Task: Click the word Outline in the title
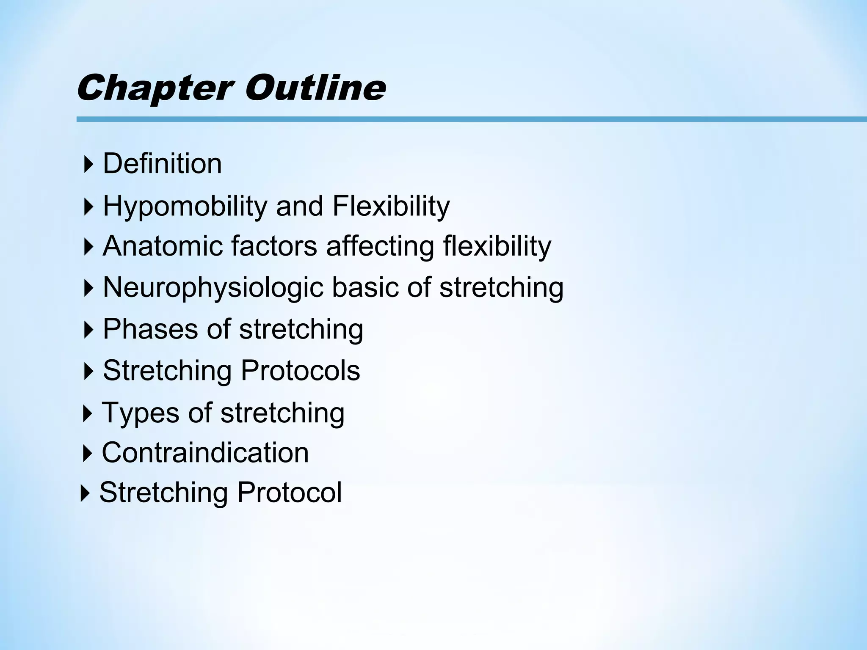coord(315,88)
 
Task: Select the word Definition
coord(162,164)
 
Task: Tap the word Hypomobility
coord(185,207)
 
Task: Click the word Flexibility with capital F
coord(391,207)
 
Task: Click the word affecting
coord(380,247)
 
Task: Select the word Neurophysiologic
coord(213,288)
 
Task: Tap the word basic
coord(364,287)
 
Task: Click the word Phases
coord(150,329)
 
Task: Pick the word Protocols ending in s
coord(300,370)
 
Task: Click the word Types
coord(141,413)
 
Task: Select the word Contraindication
coord(205,452)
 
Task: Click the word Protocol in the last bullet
coord(289,492)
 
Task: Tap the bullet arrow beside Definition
coord(88,164)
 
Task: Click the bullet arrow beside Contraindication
coord(87,453)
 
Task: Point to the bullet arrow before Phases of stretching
coord(88,330)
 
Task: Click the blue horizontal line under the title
coord(466,119)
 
